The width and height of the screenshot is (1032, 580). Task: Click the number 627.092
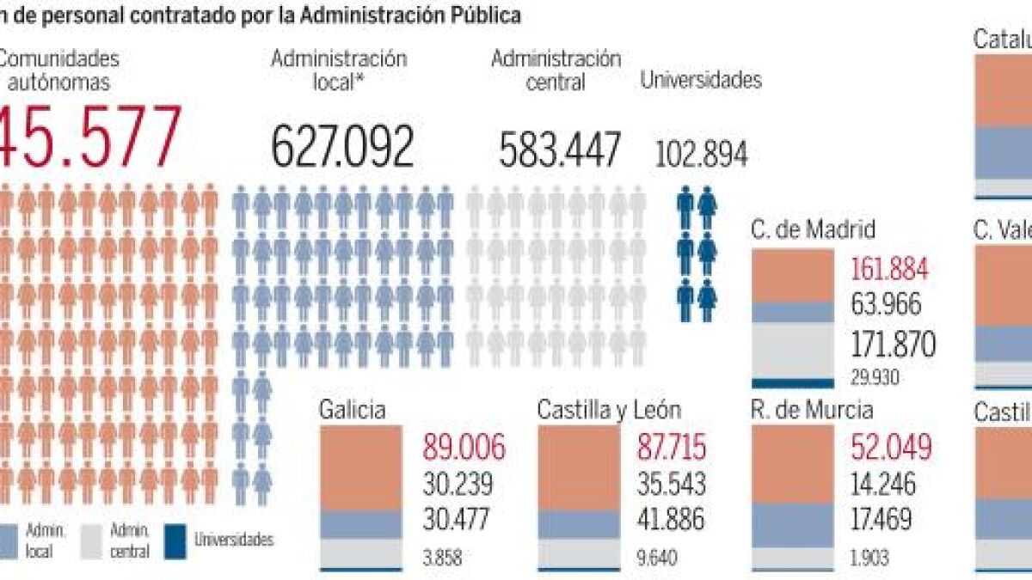coord(342,146)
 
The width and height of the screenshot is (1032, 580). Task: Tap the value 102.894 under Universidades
coord(701,155)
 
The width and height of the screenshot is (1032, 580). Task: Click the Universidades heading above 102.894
coord(701,80)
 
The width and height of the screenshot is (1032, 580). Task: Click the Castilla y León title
coord(609,410)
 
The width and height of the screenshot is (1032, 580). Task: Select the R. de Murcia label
coord(812,410)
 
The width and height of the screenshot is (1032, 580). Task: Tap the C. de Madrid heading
coord(813,229)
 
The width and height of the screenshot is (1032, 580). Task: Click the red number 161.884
coord(889,270)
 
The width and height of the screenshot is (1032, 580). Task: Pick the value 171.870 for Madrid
coord(893,344)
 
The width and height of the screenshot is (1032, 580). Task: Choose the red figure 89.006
coord(464,449)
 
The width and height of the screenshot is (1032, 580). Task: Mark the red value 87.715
coord(673,449)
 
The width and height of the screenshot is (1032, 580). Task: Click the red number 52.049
coord(891,449)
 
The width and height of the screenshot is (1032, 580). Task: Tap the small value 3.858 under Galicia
coord(442,558)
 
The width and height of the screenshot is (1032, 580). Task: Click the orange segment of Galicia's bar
coord(360,468)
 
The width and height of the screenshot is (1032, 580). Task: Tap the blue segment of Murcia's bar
coord(792,525)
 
